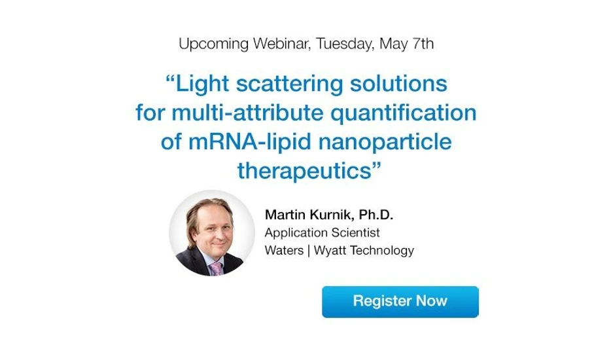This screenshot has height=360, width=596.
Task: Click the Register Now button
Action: click(x=400, y=301)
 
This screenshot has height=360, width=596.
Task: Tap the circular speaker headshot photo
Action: click(x=212, y=233)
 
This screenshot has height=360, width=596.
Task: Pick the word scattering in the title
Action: click(x=287, y=86)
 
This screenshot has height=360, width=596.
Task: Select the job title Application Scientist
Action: click(x=322, y=232)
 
